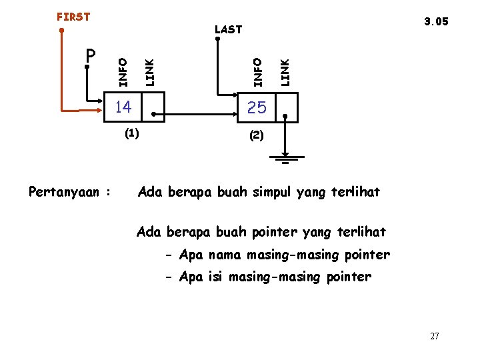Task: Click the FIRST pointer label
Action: tap(73, 17)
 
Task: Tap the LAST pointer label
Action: tap(228, 30)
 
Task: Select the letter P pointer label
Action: tap(91, 54)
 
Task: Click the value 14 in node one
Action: tap(123, 107)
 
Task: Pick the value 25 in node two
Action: tap(257, 107)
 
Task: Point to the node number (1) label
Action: tap(131, 133)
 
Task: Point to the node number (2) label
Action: tap(257, 135)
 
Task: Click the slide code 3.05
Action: tap(436, 21)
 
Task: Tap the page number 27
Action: tap(434, 337)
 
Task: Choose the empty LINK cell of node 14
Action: tap(154, 107)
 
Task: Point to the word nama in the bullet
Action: tap(225, 255)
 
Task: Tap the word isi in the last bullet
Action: tap(215, 277)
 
